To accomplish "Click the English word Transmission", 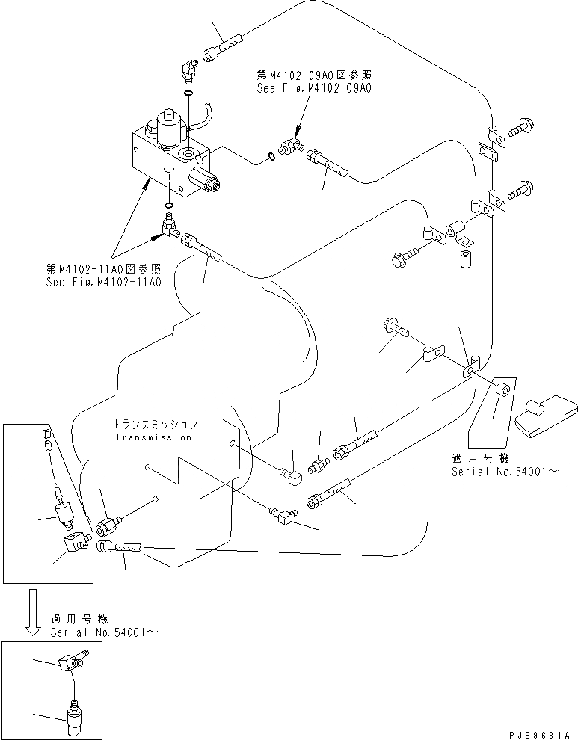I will coord(153,437).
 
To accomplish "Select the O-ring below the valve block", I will coord(169,206).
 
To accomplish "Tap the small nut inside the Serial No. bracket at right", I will coord(503,389).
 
